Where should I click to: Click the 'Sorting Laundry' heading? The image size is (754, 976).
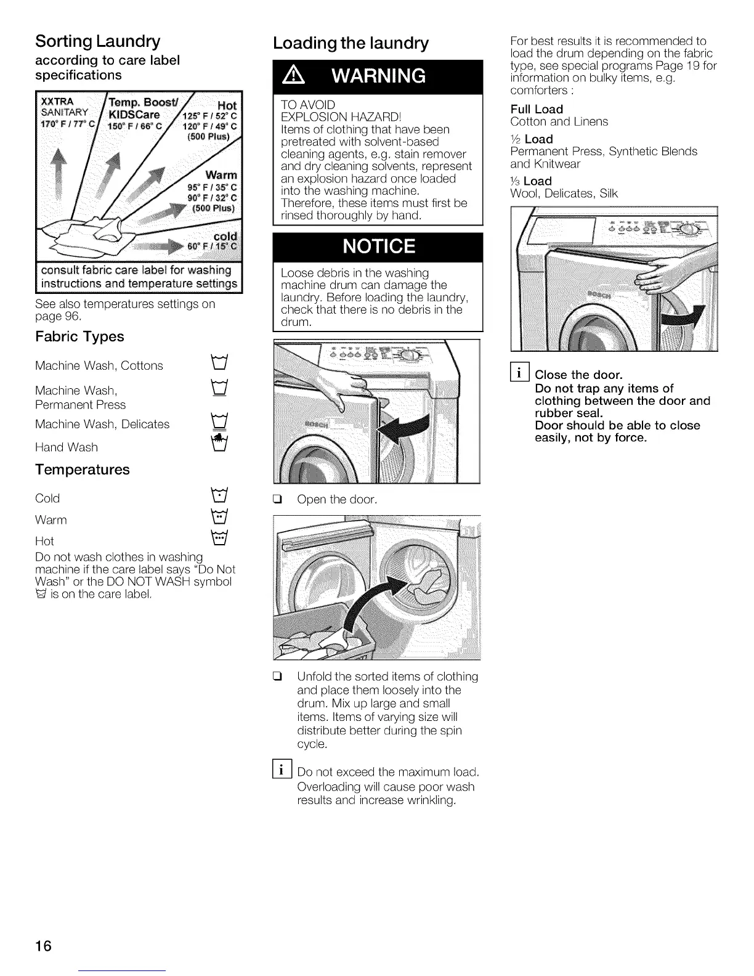pos(98,41)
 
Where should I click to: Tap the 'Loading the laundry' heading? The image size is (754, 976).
pos(351,43)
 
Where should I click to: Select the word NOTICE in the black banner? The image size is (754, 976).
pos(378,246)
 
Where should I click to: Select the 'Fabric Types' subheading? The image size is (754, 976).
pos(79,336)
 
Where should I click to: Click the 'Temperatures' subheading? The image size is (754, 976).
pos(83,470)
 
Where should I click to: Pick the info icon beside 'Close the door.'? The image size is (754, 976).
pos(521,373)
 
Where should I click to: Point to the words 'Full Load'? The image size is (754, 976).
pos(537,109)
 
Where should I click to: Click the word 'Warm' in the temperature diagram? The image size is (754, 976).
pos(221,176)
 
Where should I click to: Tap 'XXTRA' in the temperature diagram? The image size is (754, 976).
pos(57,101)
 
